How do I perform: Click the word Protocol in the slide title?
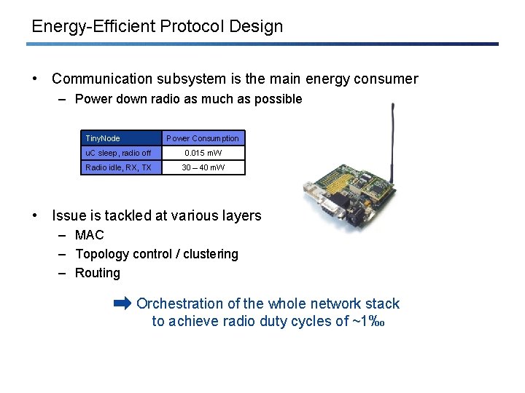pyautogui.click(x=191, y=27)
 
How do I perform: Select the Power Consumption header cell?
pyautogui.click(x=202, y=138)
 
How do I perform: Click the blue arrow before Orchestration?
pyautogui.click(x=123, y=303)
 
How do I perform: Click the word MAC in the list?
pyautogui.click(x=90, y=235)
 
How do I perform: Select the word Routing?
pyautogui.click(x=98, y=273)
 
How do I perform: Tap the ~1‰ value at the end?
pyautogui.click(x=368, y=321)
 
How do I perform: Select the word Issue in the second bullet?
pyautogui.click(x=69, y=215)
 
